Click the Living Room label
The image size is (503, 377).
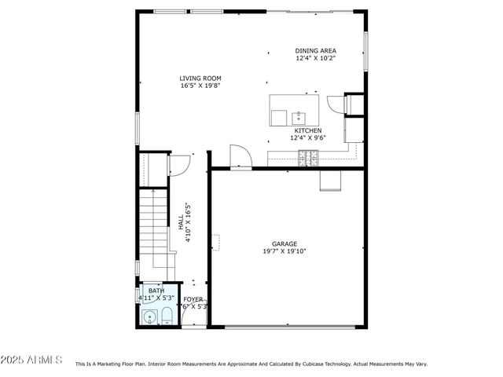tap(200, 78)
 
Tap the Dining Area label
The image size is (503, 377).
tap(316, 50)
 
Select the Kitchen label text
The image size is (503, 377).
tap(307, 130)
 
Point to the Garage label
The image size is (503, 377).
tap(285, 243)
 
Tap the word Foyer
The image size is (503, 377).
tap(193, 299)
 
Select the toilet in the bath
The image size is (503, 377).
tap(166, 317)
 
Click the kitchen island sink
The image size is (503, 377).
tap(299, 118)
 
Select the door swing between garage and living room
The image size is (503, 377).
tap(240, 156)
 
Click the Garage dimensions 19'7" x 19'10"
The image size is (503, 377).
tap(285, 251)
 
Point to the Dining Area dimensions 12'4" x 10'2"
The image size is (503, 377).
tap(316, 58)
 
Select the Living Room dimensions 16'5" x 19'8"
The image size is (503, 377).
tap(200, 86)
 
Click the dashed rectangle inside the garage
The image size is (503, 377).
tap(215, 241)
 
